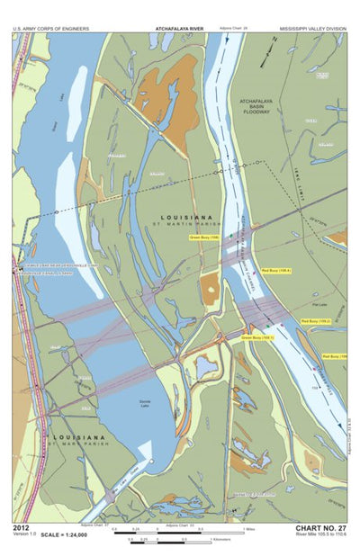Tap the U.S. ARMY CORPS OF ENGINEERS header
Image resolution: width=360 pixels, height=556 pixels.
point(51,29)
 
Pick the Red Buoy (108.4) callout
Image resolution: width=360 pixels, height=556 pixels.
point(276,270)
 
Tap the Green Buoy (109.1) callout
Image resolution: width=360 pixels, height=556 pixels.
point(257,337)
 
